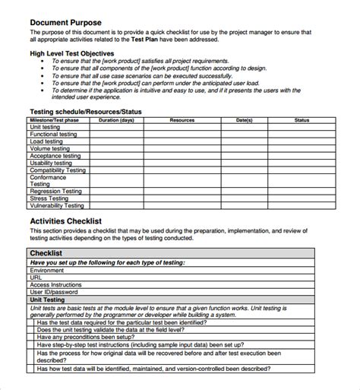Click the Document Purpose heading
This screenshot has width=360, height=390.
[65, 23]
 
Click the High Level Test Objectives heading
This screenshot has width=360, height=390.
[72, 54]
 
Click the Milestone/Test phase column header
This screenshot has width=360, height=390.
[54, 120]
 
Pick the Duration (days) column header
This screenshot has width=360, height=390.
[116, 120]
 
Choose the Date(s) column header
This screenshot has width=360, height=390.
[244, 120]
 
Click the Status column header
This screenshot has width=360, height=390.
[302, 120]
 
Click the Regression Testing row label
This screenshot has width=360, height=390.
[56, 191]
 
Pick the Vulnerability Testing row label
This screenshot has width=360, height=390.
[57, 205]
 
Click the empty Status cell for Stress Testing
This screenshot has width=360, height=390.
[302, 198]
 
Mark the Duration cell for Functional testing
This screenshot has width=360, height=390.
[116, 135]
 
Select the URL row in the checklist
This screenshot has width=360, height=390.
[36, 277]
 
